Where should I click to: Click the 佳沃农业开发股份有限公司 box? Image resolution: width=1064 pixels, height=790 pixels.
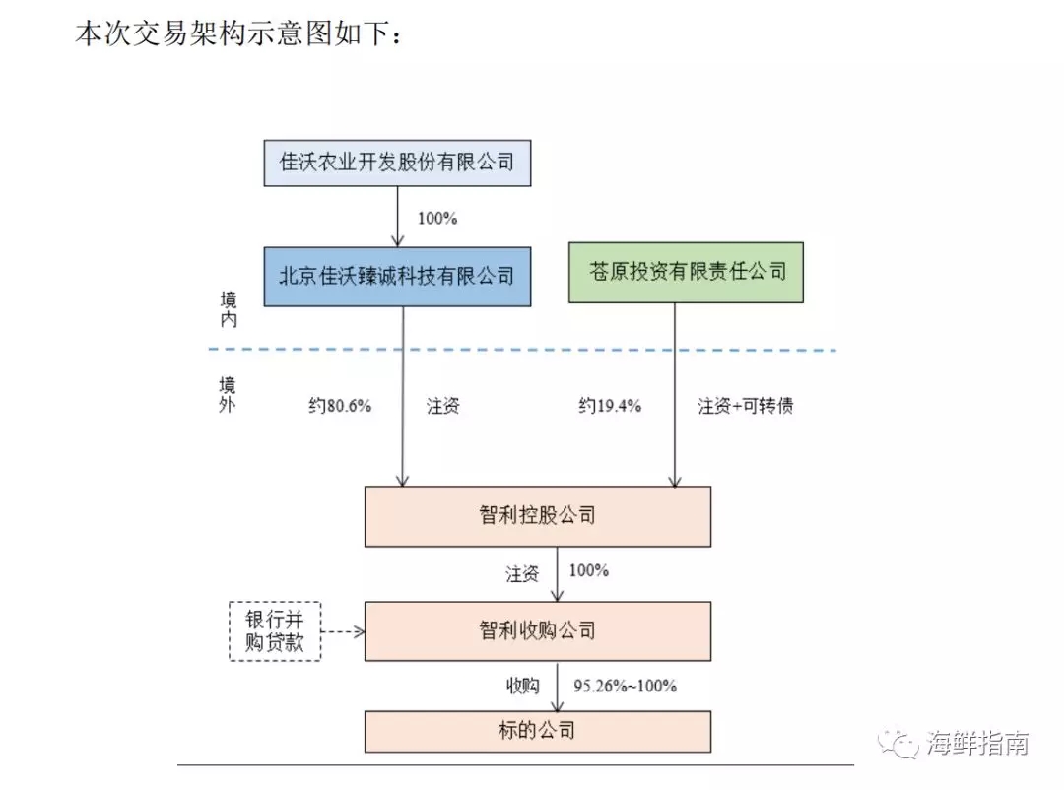(x=397, y=163)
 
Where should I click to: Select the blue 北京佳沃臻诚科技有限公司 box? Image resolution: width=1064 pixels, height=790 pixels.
(x=397, y=275)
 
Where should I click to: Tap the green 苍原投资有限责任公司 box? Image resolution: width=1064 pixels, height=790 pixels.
(x=686, y=271)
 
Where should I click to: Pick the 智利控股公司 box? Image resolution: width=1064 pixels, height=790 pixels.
(x=537, y=515)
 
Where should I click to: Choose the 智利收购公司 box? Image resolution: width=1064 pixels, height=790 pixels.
(x=537, y=630)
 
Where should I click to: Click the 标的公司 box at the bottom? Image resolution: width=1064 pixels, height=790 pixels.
(x=537, y=730)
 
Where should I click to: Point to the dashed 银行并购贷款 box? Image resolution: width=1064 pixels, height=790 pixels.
(x=275, y=631)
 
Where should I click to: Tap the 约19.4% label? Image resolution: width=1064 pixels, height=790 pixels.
(x=610, y=406)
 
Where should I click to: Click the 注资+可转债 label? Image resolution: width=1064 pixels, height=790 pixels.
(x=746, y=406)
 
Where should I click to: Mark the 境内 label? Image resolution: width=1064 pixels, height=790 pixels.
(x=229, y=308)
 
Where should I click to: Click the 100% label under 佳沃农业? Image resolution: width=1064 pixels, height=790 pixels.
(x=437, y=218)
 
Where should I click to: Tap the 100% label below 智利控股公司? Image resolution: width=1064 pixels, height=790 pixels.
(x=588, y=570)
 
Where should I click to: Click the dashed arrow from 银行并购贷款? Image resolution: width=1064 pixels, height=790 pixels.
(x=343, y=631)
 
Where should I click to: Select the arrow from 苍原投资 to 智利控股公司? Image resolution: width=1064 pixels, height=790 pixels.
(x=675, y=394)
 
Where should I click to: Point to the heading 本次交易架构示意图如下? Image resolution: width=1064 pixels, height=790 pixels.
(x=238, y=35)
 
